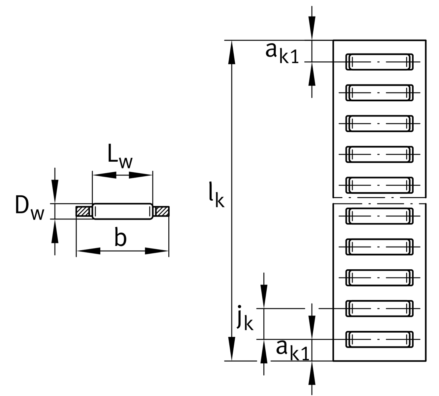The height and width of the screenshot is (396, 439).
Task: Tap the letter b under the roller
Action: [120, 238]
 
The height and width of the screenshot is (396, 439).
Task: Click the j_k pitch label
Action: [245, 318]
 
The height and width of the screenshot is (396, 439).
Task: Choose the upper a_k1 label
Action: [282, 53]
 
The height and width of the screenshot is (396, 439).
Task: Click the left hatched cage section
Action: [84, 211]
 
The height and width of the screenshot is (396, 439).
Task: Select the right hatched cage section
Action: [162, 211]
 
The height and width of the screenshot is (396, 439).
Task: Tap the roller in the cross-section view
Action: [122, 211]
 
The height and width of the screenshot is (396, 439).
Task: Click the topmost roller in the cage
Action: [379, 62]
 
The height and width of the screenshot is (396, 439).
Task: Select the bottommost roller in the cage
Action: [379, 339]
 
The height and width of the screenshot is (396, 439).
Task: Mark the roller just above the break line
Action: [379, 185]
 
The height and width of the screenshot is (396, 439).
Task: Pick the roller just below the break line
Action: [379, 216]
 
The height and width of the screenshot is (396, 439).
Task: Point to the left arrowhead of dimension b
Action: [88, 251]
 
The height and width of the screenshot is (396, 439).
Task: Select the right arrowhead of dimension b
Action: [157, 251]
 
